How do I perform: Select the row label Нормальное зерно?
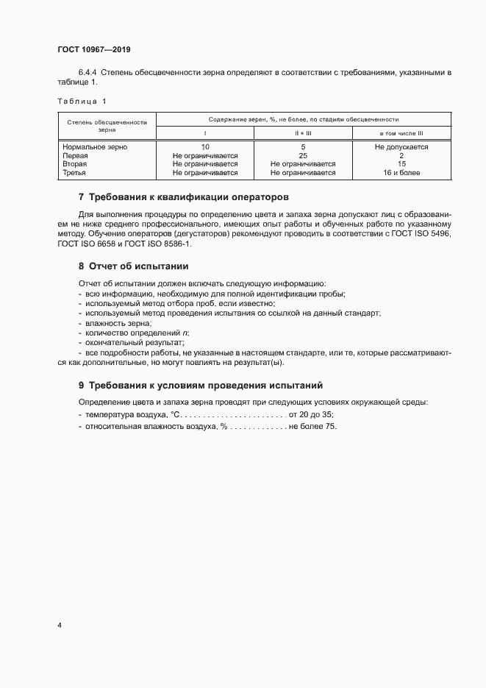point(96,147)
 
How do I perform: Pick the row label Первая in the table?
point(76,156)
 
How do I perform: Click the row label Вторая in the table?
point(75,165)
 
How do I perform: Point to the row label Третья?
point(75,174)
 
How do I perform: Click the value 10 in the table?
point(205,147)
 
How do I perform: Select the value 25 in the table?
point(303,156)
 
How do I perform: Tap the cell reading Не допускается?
point(401,147)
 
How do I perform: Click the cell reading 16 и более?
point(401,174)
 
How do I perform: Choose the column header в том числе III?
point(401,133)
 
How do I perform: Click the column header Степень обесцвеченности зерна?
point(107,125)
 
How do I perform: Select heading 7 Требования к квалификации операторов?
point(184,197)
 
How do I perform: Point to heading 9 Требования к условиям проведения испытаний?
point(200,386)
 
